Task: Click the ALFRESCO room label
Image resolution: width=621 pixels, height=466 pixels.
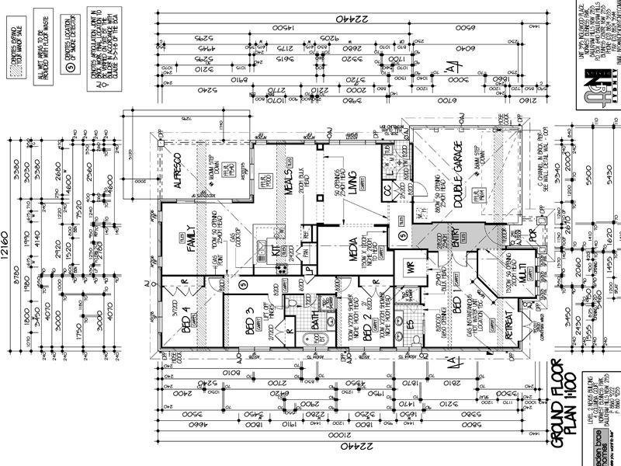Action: tap(177, 172)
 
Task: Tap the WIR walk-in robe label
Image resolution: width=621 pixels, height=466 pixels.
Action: tap(410, 269)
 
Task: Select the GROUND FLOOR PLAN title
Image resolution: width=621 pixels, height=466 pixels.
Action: tap(570, 404)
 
